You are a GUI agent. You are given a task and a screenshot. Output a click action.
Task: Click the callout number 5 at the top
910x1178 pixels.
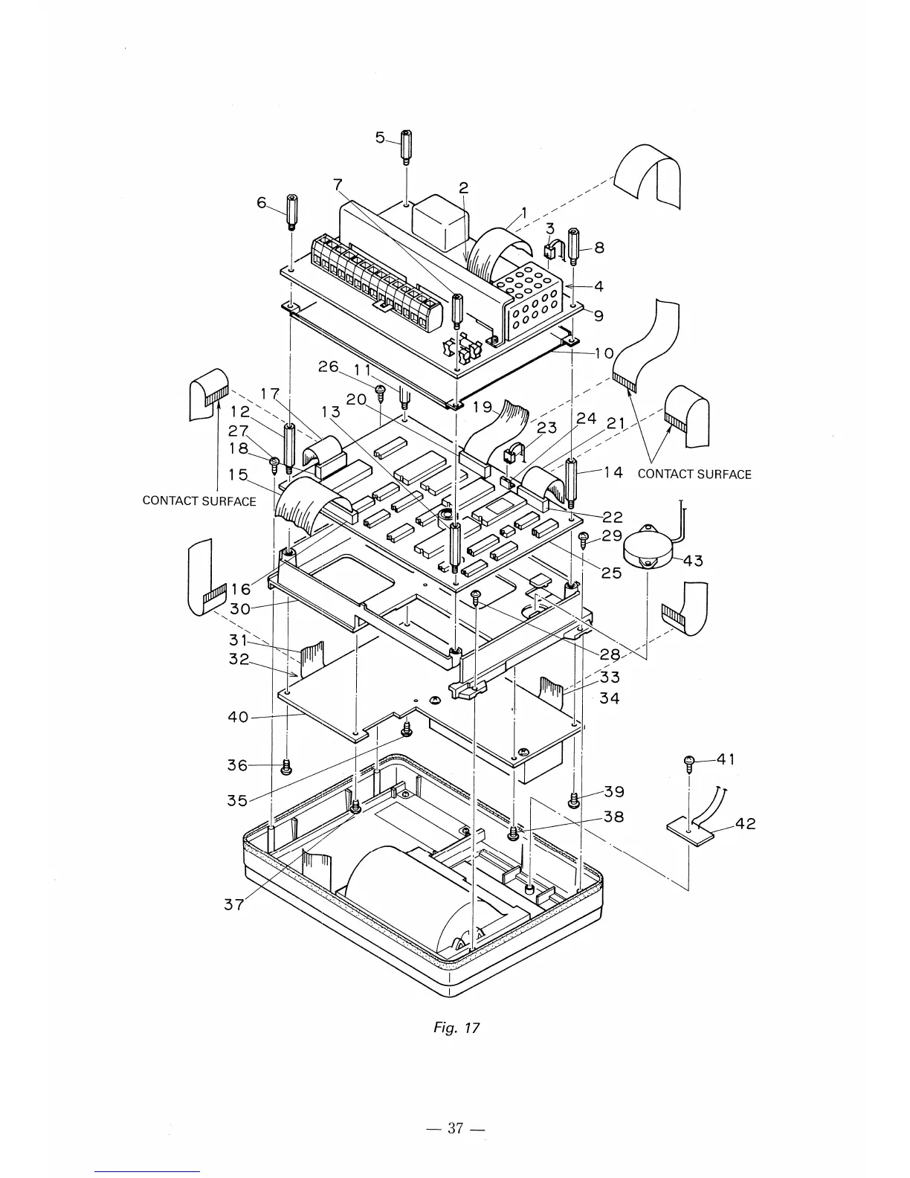pyautogui.click(x=380, y=138)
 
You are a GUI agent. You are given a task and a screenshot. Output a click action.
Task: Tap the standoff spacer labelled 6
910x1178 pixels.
pyautogui.click(x=290, y=212)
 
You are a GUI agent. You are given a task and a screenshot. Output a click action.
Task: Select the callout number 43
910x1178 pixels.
pyautogui.click(x=692, y=561)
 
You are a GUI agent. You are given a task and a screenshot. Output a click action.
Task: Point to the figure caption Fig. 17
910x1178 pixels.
pyautogui.click(x=456, y=1028)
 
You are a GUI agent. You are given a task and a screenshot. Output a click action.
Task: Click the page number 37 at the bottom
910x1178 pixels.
pyautogui.click(x=455, y=1128)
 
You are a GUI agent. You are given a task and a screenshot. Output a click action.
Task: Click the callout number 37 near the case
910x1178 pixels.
pyautogui.click(x=233, y=905)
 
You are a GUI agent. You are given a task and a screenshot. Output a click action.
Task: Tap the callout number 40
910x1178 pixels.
pyautogui.click(x=237, y=718)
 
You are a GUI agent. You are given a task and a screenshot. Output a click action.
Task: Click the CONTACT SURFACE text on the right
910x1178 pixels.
pyautogui.click(x=694, y=474)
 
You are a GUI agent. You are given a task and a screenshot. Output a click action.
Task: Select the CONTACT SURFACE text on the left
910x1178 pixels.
pyautogui.click(x=199, y=501)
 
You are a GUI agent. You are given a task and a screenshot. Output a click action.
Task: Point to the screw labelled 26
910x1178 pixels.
pyautogui.click(x=381, y=388)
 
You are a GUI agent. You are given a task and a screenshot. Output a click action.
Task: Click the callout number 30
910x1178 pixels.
pyautogui.click(x=239, y=608)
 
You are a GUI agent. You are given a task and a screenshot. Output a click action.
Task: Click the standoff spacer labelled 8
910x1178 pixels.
pyautogui.click(x=573, y=246)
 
